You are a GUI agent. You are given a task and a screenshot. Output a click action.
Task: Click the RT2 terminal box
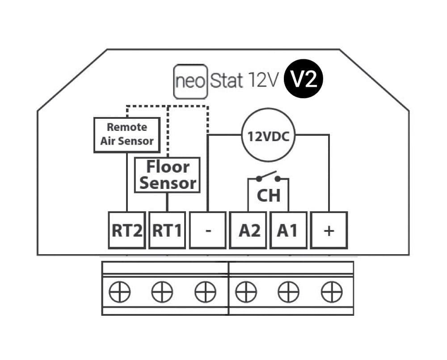coord(127,230)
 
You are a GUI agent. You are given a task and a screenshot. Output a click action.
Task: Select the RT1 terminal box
coord(167,230)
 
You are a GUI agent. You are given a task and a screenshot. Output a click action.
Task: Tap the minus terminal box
coord(207,230)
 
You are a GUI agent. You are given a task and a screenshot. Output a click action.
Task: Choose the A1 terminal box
coord(288,230)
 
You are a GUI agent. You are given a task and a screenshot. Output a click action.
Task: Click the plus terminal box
coord(329,230)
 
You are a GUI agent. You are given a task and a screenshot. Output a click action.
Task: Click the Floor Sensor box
coord(167,175)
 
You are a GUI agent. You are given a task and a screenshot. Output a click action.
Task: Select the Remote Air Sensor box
coord(127,134)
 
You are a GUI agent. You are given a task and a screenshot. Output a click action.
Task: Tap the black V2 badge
coord(304,80)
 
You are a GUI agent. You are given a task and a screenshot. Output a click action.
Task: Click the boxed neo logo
coord(190,82)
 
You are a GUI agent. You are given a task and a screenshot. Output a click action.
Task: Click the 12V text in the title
coord(262,81)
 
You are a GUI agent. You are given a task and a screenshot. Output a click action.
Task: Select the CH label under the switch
coord(269,196)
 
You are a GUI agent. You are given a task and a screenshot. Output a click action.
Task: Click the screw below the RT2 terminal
coord(119,293)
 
